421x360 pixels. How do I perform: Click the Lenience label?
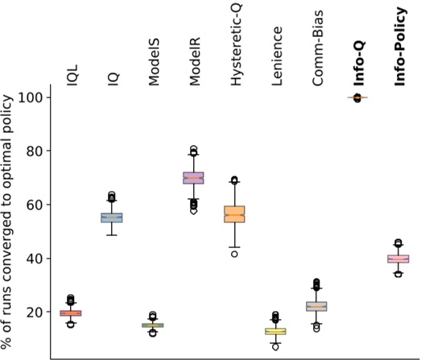coord(275,62)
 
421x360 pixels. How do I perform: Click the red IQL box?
coord(71,312)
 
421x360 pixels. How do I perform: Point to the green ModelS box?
coord(153,325)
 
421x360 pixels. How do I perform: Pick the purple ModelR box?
coord(193,178)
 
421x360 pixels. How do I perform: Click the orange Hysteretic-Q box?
coord(234,213)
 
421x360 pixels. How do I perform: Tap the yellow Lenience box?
coord(275,331)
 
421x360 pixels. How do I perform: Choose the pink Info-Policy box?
coord(398,259)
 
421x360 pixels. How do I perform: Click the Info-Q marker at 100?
coord(357,97)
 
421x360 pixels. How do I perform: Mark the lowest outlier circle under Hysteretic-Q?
coord(234,254)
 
